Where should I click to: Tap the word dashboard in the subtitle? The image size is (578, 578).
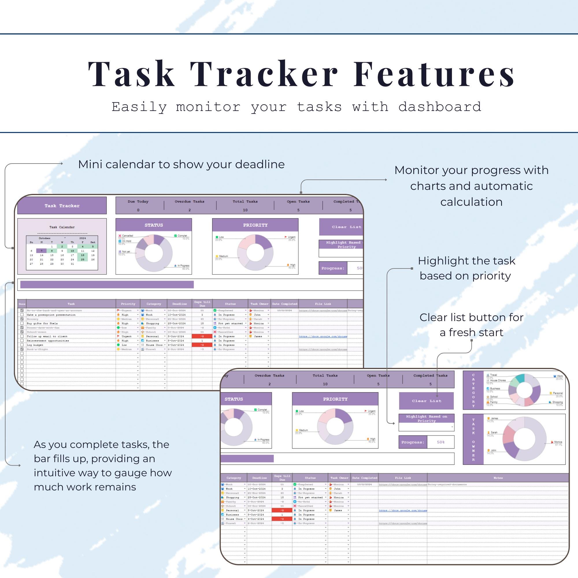(440, 107)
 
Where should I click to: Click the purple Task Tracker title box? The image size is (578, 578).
(62, 205)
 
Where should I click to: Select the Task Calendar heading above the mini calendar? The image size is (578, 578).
(62, 227)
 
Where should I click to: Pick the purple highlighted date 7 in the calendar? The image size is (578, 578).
(42, 251)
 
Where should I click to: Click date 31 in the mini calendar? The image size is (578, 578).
(72, 264)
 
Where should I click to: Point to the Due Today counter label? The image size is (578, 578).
(138, 201)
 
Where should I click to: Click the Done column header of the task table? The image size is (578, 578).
(22, 304)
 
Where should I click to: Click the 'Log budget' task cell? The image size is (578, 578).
(35, 345)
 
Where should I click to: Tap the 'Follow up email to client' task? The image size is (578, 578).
(47, 336)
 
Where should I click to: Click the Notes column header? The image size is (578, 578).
(498, 478)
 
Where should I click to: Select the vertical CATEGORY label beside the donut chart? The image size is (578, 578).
(473, 390)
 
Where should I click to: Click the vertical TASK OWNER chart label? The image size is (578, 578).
(473, 439)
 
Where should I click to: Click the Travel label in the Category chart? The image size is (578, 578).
(493, 375)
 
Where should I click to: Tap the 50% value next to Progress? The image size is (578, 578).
(440, 442)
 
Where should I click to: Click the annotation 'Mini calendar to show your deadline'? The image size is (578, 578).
(181, 164)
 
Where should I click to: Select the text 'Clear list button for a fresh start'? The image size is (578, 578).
(471, 325)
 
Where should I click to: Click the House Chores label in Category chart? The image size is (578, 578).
(498, 381)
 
